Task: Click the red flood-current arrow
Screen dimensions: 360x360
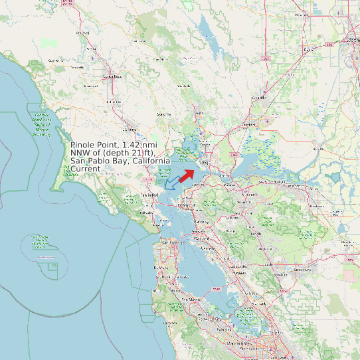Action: click(x=187, y=175)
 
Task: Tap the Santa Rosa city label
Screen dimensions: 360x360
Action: click(x=112, y=76)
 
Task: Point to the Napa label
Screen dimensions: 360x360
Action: click(x=199, y=114)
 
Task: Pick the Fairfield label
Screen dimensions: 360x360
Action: click(x=249, y=124)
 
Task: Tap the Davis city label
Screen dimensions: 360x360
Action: click(x=308, y=50)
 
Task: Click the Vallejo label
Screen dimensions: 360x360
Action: click(x=204, y=161)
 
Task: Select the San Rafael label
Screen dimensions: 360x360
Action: click(x=148, y=195)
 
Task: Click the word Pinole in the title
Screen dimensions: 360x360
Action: click(x=84, y=145)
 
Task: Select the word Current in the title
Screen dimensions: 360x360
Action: click(x=85, y=169)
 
